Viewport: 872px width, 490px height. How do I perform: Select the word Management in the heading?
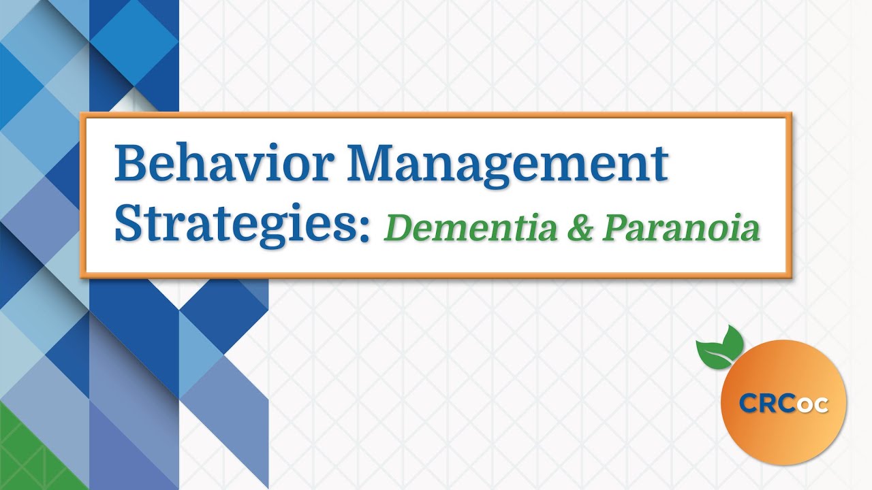pyautogui.click(x=507, y=163)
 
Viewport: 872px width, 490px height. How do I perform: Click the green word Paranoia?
pyautogui.click(x=681, y=228)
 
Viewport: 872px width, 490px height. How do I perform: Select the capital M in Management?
pyautogui.click(x=377, y=163)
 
